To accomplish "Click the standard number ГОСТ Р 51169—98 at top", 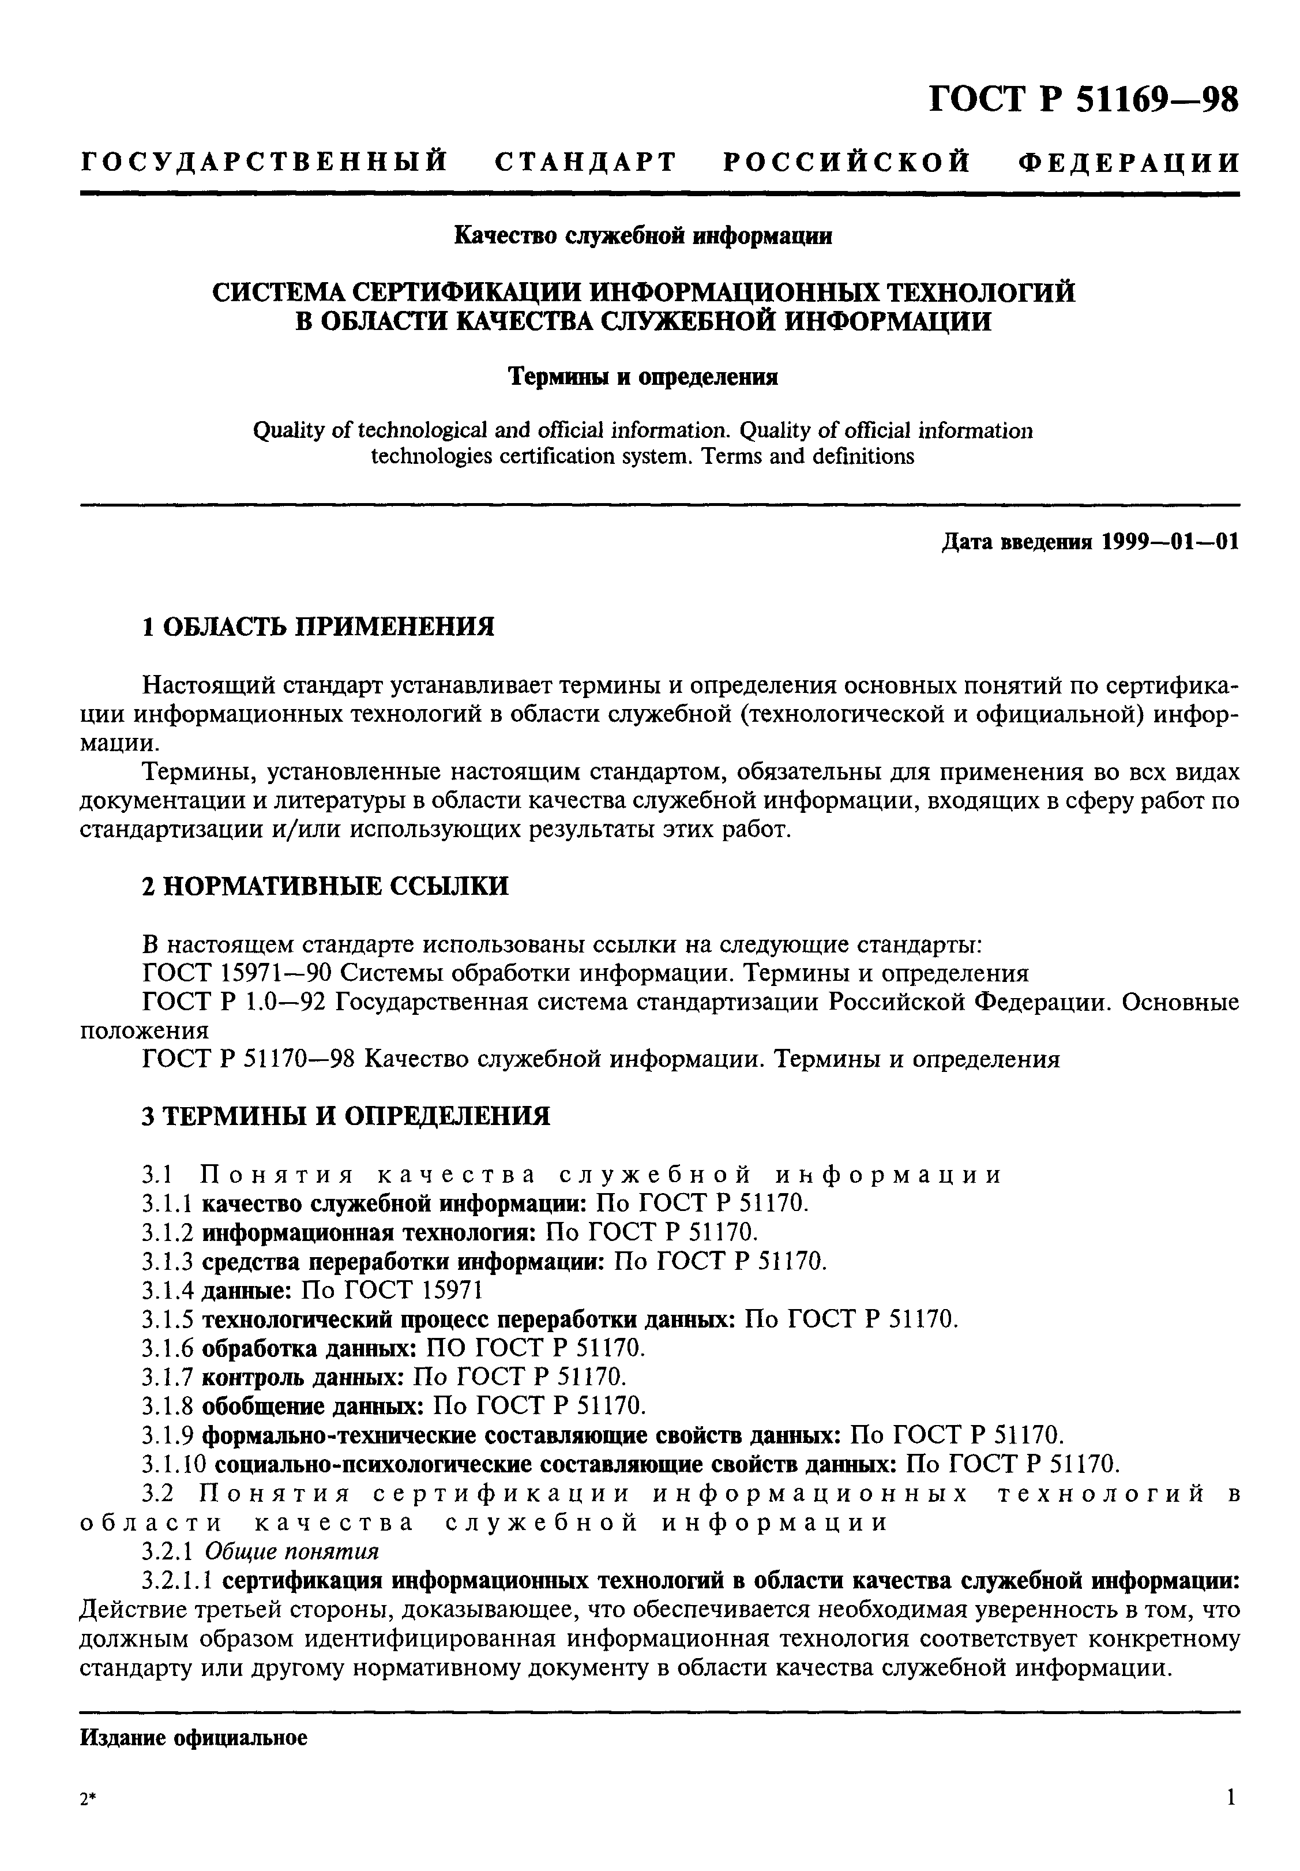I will point(1083,101).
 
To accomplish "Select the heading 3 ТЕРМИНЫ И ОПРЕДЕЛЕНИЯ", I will point(346,1116).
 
